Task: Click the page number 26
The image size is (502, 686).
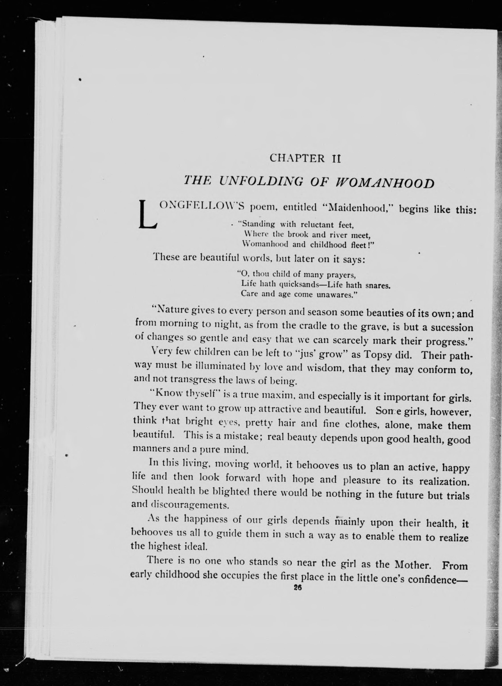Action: [x=298, y=588]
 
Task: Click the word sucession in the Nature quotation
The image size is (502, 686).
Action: [x=452, y=328]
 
